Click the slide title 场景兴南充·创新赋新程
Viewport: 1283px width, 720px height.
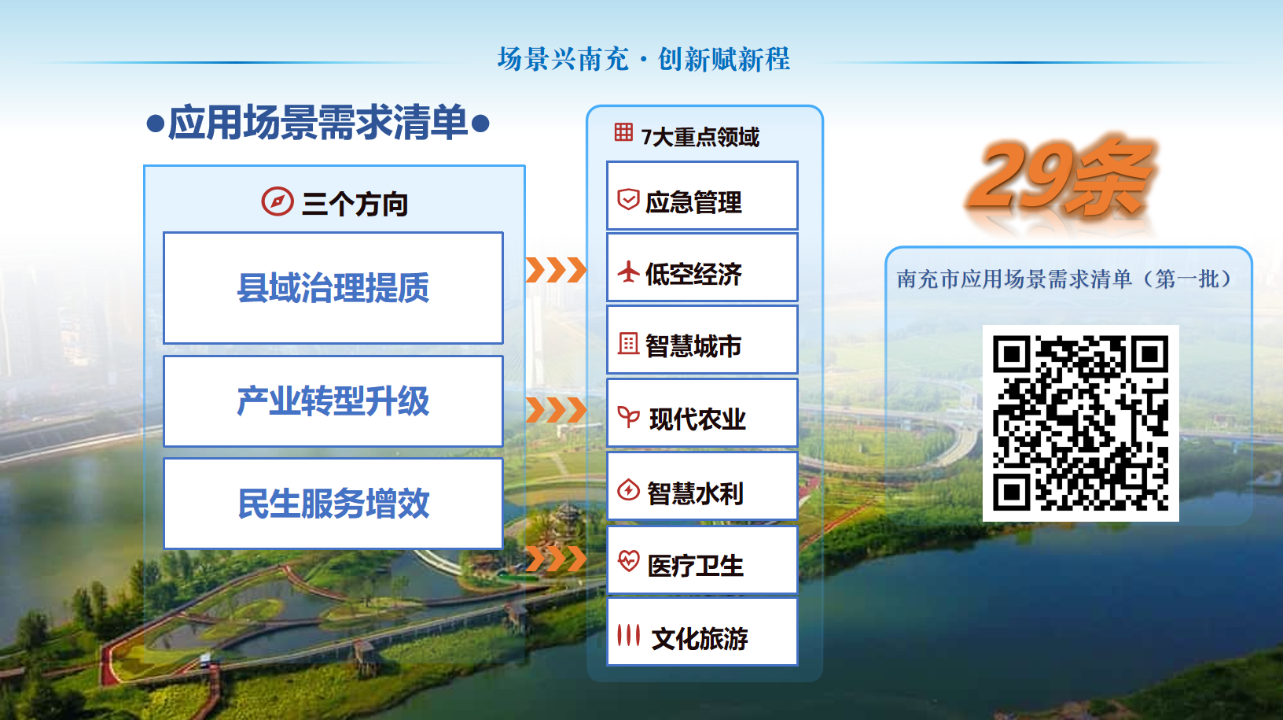point(643,59)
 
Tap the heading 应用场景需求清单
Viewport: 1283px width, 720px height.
point(318,122)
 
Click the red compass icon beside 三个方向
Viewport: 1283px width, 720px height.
point(278,201)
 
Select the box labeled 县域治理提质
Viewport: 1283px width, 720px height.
point(333,288)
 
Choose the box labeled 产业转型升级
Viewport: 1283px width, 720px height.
point(333,401)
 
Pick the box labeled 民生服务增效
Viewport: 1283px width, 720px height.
point(333,504)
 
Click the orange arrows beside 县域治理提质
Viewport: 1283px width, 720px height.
point(556,270)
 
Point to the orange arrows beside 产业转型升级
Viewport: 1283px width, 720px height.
point(556,409)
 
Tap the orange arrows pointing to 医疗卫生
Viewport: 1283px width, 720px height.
point(556,559)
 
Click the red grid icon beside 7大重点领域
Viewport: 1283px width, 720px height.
point(623,132)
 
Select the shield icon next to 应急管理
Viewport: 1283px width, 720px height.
point(628,200)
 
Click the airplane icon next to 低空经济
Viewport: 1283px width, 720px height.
point(628,271)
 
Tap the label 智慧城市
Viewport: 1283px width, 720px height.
point(693,346)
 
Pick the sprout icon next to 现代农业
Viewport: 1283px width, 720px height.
point(628,417)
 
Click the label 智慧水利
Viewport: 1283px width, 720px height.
point(695,493)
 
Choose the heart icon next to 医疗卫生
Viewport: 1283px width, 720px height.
point(628,560)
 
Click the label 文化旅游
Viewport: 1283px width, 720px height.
point(700,639)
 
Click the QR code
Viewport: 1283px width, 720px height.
point(1081,423)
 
